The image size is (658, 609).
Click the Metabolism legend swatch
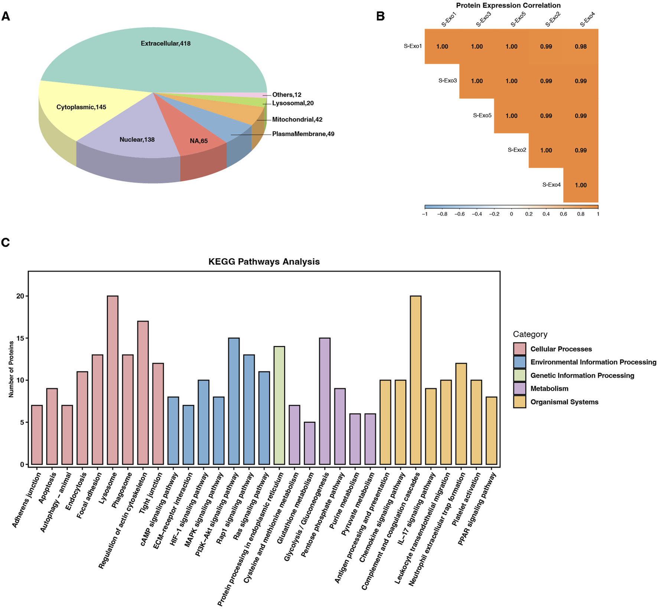(x=519, y=388)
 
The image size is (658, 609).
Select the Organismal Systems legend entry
(x=564, y=402)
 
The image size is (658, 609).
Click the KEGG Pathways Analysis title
(x=264, y=261)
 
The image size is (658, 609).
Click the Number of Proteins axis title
(x=11, y=369)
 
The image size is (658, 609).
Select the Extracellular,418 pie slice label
(x=166, y=43)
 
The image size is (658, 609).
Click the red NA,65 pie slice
(x=199, y=141)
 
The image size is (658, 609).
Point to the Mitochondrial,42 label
(x=297, y=120)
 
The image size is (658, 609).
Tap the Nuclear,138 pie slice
(x=137, y=140)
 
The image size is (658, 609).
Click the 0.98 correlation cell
(x=581, y=46)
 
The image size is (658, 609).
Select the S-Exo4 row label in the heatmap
(x=551, y=185)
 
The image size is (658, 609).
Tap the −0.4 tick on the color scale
(x=477, y=214)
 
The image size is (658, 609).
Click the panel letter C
(x=6, y=242)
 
